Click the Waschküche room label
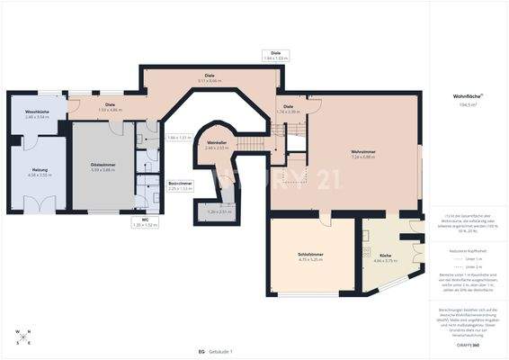pyautogui.click(x=25, y=112)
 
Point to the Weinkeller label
pyautogui.click(x=216, y=142)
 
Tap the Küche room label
pyautogui.click(x=386, y=256)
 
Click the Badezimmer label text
pyautogui.click(x=180, y=183)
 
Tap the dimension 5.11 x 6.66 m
pyautogui.click(x=210, y=80)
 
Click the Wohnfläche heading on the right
pyautogui.click(x=468, y=95)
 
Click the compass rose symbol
pyautogui.click(x=22, y=336)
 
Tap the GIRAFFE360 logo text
pyautogui.click(x=469, y=346)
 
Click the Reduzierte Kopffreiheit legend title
pyautogui.click(x=468, y=250)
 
